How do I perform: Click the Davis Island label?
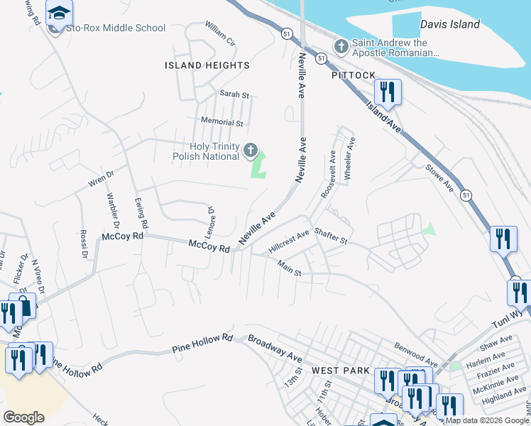tap(449, 24)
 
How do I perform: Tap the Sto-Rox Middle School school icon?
tap(59, 13)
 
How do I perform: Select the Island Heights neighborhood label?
tap(207, 65)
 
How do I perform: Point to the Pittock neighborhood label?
tap(353, 75)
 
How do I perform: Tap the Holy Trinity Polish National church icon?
tap(250, 150)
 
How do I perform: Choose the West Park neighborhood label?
tap(341, 371)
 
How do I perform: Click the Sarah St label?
tap(234, 94)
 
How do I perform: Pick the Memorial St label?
tap(222, 122)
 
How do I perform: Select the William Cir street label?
tap(219, 33)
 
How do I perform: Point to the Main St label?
tap(290, 270)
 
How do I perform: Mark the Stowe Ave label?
tap(439, 179)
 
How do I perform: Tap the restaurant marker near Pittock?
tap(387, 92)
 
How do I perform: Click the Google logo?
tap(23, 417)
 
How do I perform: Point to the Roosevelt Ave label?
tap(328, 174)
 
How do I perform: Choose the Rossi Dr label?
tap(83, 244)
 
